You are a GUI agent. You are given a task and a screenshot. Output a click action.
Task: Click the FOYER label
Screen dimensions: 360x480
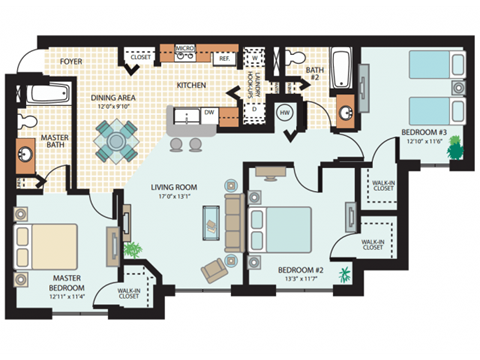tap(70, 60)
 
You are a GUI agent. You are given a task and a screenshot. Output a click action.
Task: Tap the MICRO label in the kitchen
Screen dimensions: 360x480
tap(184, 47)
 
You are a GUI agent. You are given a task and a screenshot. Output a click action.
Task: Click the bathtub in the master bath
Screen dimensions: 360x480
tap(48, 97)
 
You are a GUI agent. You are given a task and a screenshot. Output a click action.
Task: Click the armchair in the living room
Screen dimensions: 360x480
tap(214, 269)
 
